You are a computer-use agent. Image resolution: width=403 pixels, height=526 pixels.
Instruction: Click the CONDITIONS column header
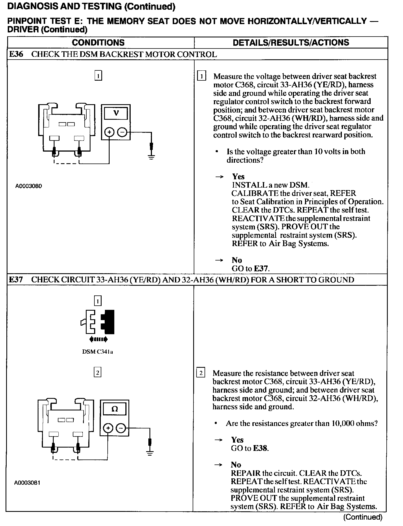point(98,43)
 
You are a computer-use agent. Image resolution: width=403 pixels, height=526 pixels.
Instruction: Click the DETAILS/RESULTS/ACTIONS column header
point(291,43)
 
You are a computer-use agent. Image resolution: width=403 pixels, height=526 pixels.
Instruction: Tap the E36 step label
point(16,54)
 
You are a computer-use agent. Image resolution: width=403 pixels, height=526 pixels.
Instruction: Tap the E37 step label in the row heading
point(16,280)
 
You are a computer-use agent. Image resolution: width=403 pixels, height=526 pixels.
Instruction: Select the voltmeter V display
point(116,113)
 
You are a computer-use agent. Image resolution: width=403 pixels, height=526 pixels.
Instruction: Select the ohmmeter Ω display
point(114,409)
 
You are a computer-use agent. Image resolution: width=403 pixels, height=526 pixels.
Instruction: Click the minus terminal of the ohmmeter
point(121,428)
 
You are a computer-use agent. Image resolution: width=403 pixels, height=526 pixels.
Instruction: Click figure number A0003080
point(29,186)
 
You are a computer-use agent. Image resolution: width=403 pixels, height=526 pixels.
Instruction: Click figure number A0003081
point(27,483)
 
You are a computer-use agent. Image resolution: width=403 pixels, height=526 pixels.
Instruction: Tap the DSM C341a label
point(97,352)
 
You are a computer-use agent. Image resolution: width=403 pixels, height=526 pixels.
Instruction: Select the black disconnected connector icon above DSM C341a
point(108,321)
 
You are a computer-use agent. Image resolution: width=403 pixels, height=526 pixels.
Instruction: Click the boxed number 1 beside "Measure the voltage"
point(201,76)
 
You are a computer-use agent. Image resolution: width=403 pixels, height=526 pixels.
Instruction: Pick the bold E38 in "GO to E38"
point(260,448)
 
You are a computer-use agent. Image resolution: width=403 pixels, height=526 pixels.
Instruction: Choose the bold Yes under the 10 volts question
point(238,177)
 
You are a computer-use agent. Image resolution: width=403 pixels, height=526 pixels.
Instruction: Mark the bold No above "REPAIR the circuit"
point(236,465)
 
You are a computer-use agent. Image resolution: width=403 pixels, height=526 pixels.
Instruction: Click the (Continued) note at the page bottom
point(363,517)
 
